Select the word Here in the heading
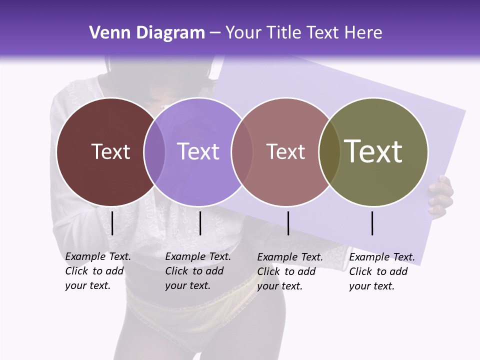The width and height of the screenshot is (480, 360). pyautogui.click(x=363, y=33)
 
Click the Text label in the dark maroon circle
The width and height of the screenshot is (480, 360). pyautogui.click(x=110, y=151)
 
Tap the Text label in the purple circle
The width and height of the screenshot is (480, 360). pyautogui.click(x=198, y=151)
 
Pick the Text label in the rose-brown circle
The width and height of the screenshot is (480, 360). pyautogui.click(x=285, y=151)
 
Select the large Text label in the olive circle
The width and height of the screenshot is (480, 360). pyautogui.click(x=373, y=151)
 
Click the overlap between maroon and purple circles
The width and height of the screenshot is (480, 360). pyautogui.click(x=154, y=152)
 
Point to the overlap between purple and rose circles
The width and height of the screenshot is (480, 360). pyautogui.click(x=242, y=152)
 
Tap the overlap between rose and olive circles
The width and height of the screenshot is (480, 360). pyautogui.click(x=329, y=152)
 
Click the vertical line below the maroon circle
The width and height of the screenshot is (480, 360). pyautogui.click(x=112, y=223)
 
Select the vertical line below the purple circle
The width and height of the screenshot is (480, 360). pyautogui.click(x=200, y=223)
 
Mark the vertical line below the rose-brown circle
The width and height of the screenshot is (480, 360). pyautogui.click(x=288, y=223)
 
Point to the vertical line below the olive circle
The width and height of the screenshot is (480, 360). pyautogui.click(x=372, y=223)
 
